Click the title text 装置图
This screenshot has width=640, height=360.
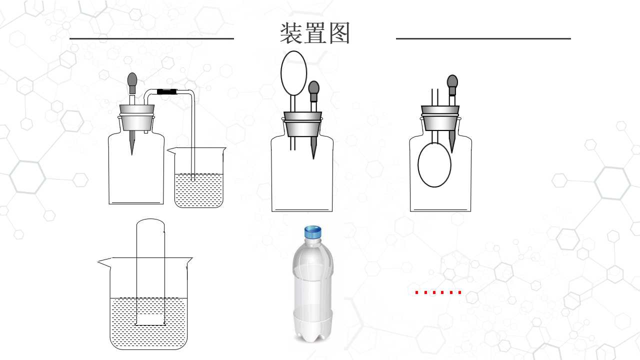coord(315,33)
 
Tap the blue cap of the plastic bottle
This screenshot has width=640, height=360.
coord(313,231)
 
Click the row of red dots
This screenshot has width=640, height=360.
coord(438,292)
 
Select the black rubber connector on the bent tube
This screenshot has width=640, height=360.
coord(167,91)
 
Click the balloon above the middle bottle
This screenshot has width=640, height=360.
coord(293,73)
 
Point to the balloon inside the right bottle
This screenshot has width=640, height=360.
coord(434,165)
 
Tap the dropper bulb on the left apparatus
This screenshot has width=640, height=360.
coord(132,80)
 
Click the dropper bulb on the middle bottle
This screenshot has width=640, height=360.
coord(313,88)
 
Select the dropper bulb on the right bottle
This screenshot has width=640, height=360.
coord(452,82)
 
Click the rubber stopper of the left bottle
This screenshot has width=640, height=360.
coord(137,117)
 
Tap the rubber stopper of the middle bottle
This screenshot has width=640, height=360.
coord(302,123)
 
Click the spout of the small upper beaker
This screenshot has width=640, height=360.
coord(171,150)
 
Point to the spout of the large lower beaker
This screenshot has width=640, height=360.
coord(104,262)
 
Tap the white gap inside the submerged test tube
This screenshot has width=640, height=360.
coord(150,318)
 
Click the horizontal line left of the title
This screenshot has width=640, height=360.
coord(151,38)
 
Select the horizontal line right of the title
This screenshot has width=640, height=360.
coord(483,38)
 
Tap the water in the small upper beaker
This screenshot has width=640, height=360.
coord(199,190)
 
